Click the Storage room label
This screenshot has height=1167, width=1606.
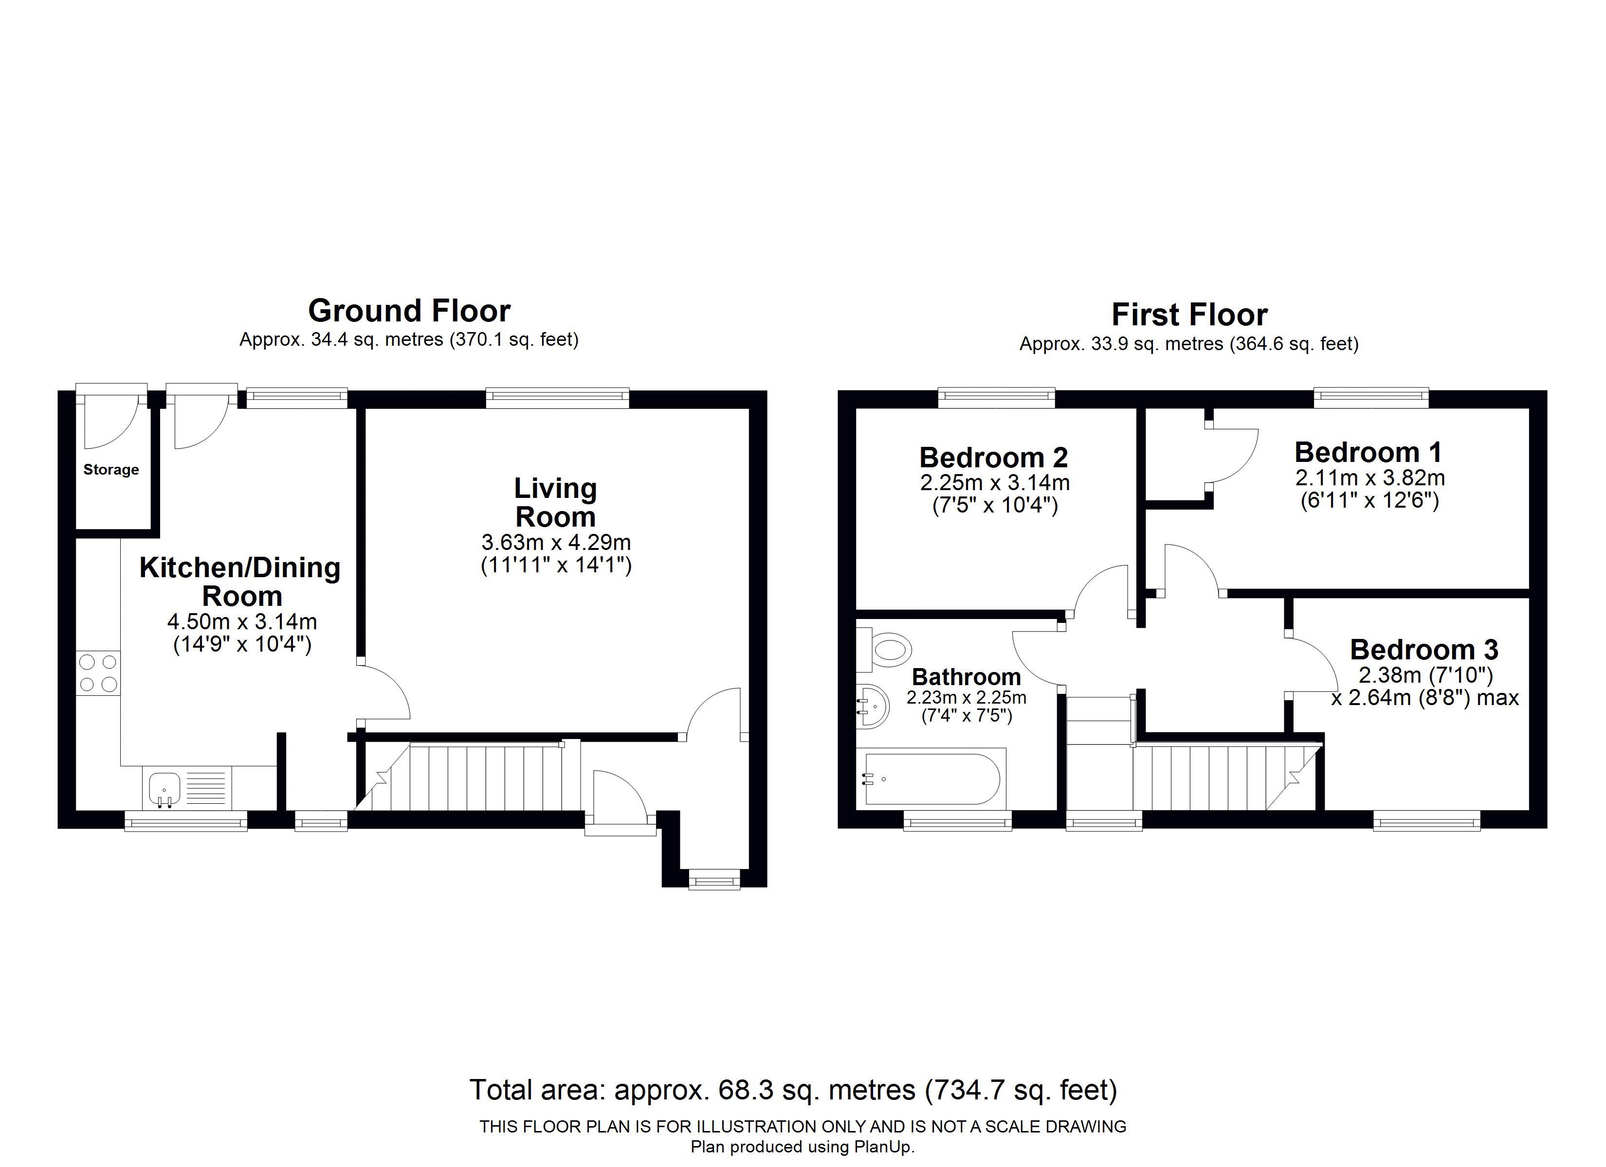(x=111, y=469)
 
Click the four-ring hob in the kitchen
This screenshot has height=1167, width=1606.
(x=98, y=673)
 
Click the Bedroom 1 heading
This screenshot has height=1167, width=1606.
(x=1368, y=452)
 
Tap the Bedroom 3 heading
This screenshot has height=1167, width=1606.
(x=1424, y=649)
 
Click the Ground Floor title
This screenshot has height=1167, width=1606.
(x=409, y=311)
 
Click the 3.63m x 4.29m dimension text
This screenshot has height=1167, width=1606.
(x=556, y=543)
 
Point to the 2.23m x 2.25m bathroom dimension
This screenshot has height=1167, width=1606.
(x=967, y=697)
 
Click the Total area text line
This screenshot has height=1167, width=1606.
(x=794, y=1090)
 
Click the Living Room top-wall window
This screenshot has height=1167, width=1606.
(x=557, y=398)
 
